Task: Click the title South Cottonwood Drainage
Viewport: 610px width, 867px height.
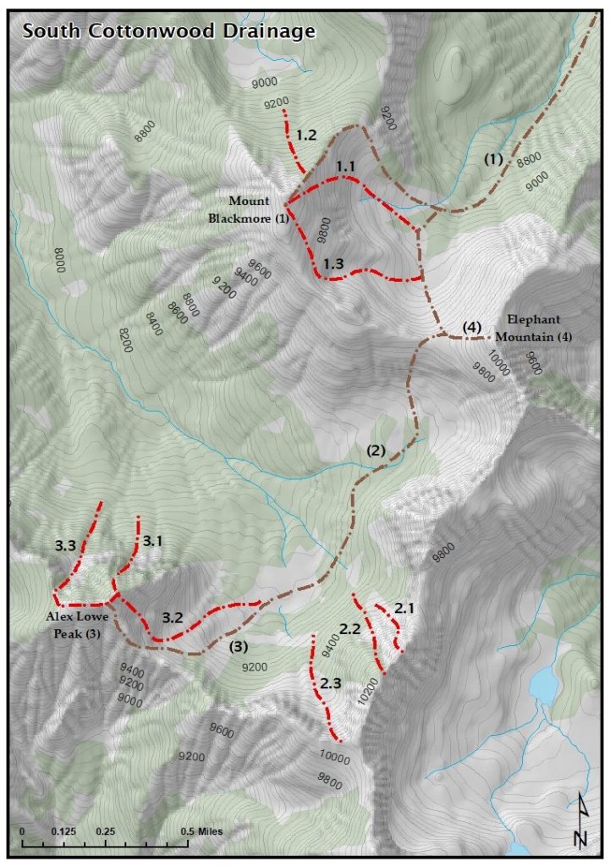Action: tap(168, 31)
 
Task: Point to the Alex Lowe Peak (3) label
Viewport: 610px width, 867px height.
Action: tap(77, 624)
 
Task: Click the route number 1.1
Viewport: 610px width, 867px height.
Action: tap(345, 167)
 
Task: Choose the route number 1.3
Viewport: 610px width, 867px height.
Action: tap(332, 263)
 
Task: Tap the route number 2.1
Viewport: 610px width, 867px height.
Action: tap(405, 608)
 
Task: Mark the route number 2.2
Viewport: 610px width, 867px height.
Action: tap(350, 628)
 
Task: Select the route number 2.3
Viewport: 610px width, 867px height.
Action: tap(331, 683)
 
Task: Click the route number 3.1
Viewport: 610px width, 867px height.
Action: tap(152, 540)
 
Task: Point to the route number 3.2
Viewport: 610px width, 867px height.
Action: tap(173, 617)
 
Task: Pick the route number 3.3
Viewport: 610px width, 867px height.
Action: tap(66, 548)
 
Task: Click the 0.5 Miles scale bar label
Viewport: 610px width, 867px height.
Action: tap(201, 831)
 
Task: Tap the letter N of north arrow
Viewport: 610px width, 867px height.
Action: tap(580, 838)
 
